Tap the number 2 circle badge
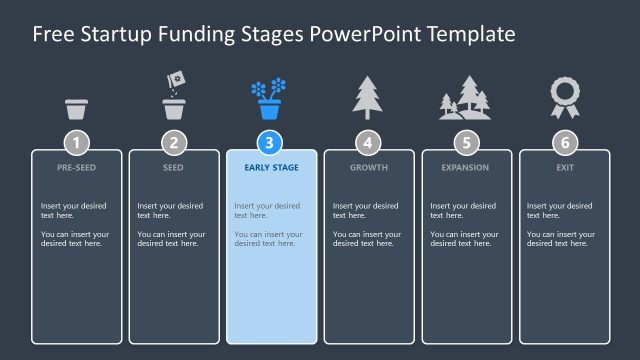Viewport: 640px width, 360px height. (174, 142)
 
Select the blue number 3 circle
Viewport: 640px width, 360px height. (271, 142)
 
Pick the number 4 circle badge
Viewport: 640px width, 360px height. (369, 142)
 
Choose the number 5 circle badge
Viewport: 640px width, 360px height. (466, 142)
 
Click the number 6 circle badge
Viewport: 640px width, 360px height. (564, 142)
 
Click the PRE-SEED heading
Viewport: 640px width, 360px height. (76, 168)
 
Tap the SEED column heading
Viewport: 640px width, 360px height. (174, 168)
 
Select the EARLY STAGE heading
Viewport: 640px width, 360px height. (271, 168)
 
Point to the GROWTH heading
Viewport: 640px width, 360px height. (369, 168)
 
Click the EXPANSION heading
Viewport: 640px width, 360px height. (466, 168)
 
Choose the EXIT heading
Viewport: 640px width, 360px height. (564, 168)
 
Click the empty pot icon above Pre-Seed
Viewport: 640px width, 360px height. (76, 108)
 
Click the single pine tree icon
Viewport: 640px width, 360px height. (368, 97)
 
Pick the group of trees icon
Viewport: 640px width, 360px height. (465, 98)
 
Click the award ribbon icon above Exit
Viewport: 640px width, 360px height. (564, 97)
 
